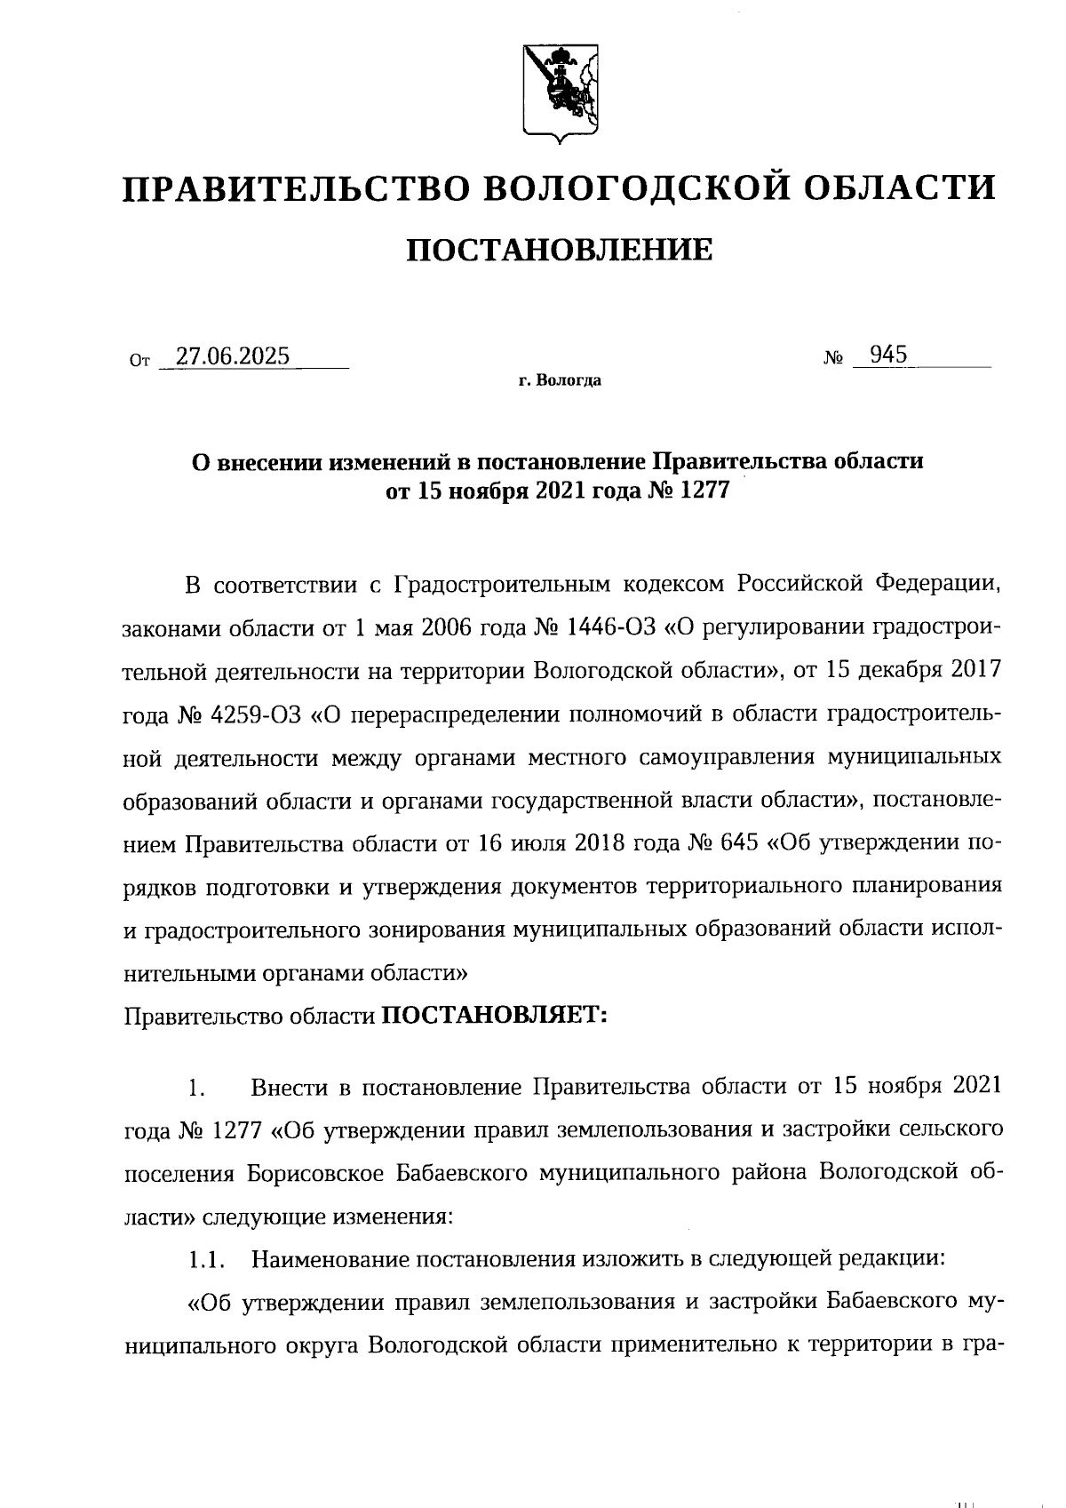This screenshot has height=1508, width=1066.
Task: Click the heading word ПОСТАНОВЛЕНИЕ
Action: click(559, 251)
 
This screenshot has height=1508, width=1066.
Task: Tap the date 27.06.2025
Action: click(233, 356)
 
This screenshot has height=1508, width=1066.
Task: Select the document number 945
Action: click(888, 355)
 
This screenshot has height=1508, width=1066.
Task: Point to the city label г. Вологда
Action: click(561, 381)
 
